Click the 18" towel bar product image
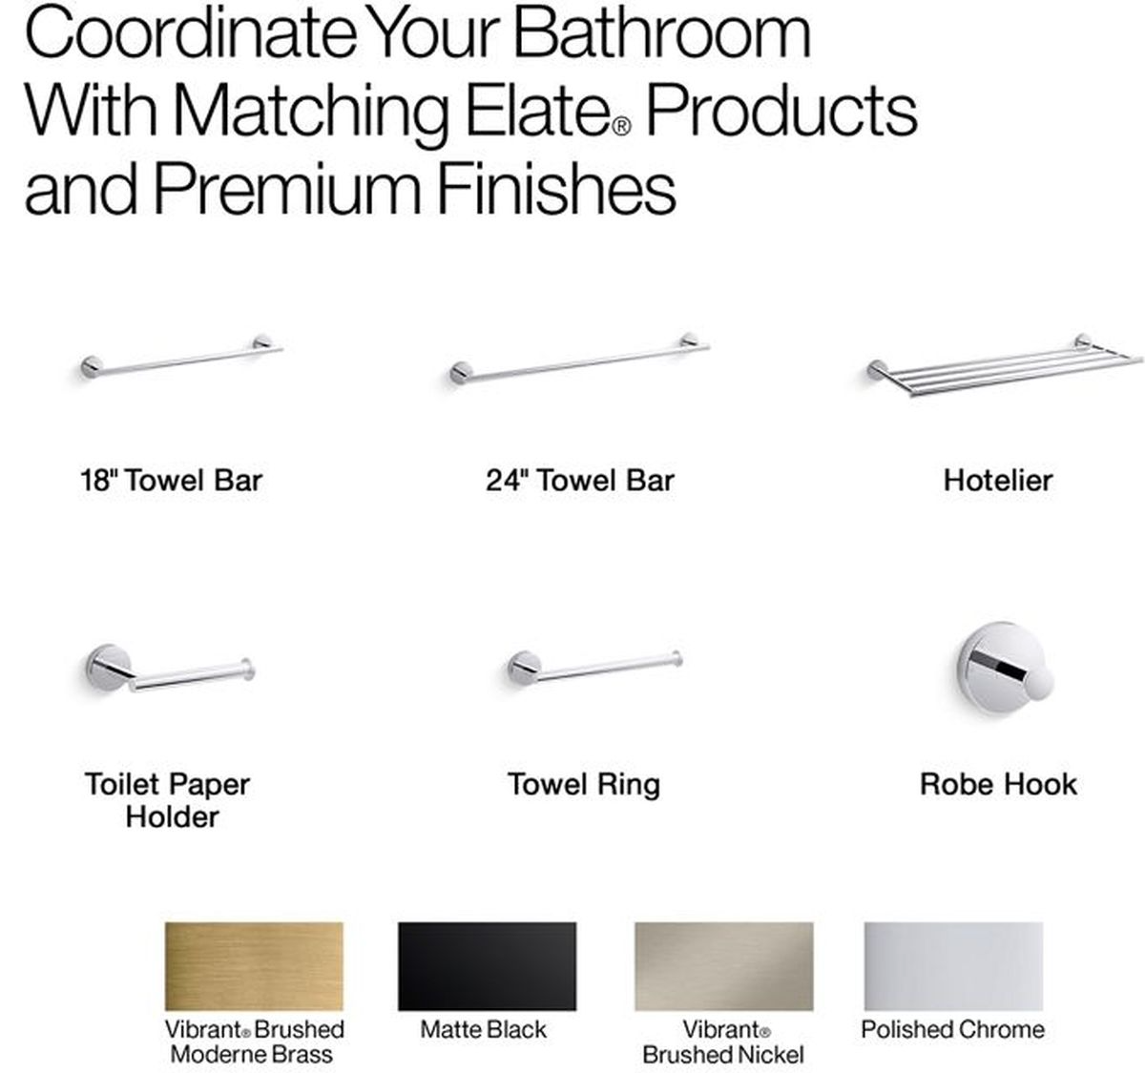point(181,358)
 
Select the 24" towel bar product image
point(579,360)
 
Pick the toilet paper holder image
point(170,670)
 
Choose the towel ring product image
point(595,669)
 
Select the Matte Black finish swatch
point(487,966)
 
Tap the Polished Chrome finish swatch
point(953,966)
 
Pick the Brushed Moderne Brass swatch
point(254,966)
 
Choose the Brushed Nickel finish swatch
point(723,966)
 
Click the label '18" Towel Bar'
point(171,481)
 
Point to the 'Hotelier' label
point(998,481)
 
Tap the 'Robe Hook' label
point(999,784)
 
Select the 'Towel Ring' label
point(584,785)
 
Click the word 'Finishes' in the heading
point(556,188)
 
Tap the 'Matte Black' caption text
point(483,1030)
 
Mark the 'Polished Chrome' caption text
point(952,1030)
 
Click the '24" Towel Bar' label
point(579,481)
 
